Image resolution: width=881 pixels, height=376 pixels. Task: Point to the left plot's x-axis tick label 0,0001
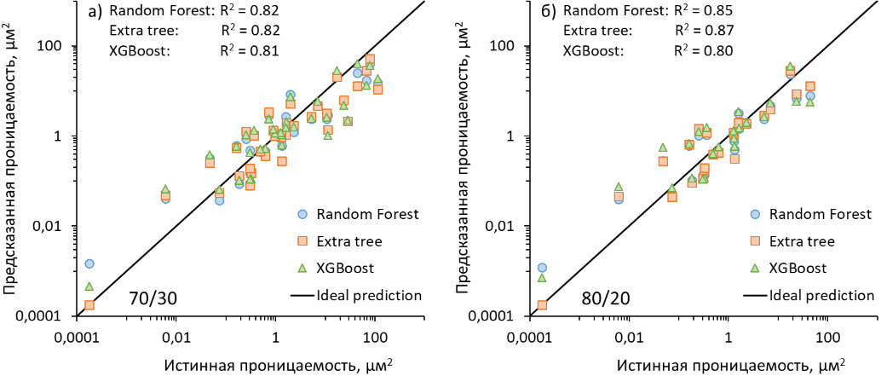(81, 327)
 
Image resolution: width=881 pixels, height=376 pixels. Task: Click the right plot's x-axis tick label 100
(824, 327)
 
